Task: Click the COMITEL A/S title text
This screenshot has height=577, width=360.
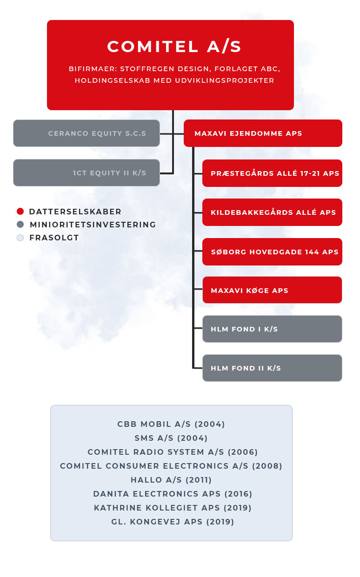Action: [x=174, y=46]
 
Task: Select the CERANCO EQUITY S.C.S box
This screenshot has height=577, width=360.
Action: [x=87, y=133]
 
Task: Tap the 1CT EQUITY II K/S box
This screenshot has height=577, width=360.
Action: [x=87, y=172]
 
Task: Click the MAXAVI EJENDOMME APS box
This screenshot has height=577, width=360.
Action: [x=263, y=133]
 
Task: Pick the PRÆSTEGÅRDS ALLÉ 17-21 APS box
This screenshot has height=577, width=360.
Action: [x=272, y=173]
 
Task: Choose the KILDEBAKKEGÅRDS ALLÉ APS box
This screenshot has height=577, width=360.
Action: [x=272, y=212]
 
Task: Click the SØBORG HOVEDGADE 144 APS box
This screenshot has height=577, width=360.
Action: [x=272, y=252]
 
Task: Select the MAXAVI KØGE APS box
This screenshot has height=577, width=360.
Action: [x=272, y=290]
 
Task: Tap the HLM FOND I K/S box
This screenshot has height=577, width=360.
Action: [x=272, y=329]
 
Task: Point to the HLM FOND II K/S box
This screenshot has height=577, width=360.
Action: [x=272, y=368]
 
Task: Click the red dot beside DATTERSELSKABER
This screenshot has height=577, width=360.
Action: [x=20, y=212]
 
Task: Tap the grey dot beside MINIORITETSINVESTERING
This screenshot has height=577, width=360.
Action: [x=20, y=225]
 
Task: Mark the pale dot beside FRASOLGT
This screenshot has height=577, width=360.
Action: [x=20, y=238]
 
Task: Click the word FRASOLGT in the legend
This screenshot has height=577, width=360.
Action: [x=54, y=238]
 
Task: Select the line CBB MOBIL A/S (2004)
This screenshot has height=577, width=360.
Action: [x=171, y=424]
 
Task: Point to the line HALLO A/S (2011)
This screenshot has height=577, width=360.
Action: [x=171, y=480]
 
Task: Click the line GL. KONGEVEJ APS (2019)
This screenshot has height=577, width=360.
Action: [x=173, y=522]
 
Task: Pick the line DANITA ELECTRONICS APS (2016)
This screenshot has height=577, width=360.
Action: [x=173, y=494]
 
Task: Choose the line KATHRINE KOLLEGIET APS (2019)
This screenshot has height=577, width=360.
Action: [x=173, y=508]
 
